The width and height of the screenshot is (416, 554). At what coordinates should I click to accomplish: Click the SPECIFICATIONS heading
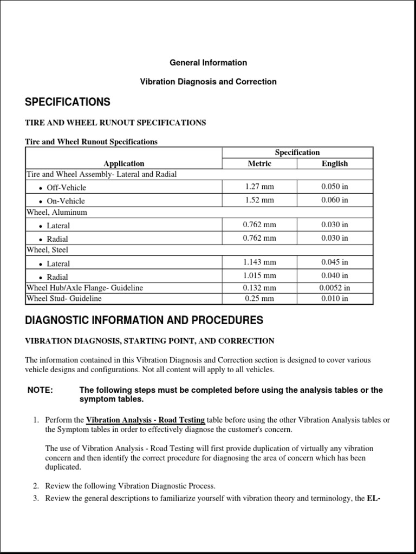pos(68,102)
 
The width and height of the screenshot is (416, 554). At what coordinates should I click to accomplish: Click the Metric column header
pos(259,163)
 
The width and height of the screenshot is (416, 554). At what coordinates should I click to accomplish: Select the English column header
pos(335,163)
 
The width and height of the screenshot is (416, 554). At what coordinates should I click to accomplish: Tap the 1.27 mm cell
pos(259,187)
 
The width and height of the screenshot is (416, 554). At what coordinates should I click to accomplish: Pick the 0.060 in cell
pos(335,200)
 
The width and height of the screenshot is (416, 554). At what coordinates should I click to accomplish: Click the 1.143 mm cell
pos(259,262)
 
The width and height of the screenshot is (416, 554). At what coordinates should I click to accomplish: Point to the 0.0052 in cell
pos(335,288)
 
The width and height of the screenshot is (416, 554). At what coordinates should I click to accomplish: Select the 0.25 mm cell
pos(259,298)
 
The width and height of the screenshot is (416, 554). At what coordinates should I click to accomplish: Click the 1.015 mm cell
pos(259,276)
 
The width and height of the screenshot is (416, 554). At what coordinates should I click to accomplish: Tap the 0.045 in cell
pos(335,262)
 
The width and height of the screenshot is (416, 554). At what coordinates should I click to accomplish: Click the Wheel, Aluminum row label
pos(56,213)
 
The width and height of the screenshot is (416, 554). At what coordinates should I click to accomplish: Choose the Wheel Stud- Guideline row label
pos(64,298)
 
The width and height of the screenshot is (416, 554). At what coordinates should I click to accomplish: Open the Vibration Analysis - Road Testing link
pos(145,420)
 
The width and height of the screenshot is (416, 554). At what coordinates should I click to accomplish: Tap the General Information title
pos(208,63)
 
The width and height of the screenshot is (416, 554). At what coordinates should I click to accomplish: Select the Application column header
pos(124,163)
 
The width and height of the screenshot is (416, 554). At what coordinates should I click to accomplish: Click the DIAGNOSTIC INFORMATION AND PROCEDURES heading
pos(144,320)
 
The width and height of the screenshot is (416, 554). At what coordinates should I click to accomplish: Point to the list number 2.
pos(36,486)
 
